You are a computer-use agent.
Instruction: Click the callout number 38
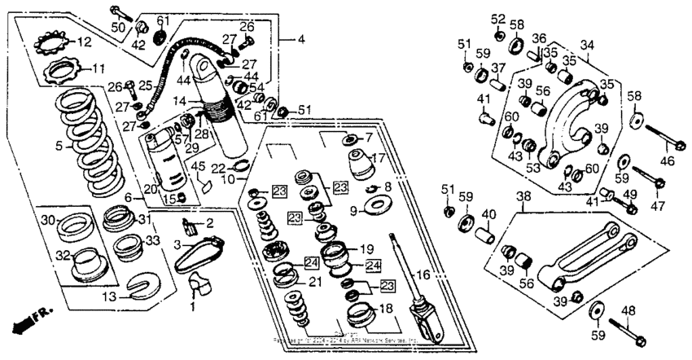523,195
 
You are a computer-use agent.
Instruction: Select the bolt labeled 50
117,11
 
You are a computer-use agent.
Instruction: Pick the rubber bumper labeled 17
360,165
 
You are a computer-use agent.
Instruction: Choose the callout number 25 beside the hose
145,84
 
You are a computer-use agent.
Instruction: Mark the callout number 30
48,221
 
